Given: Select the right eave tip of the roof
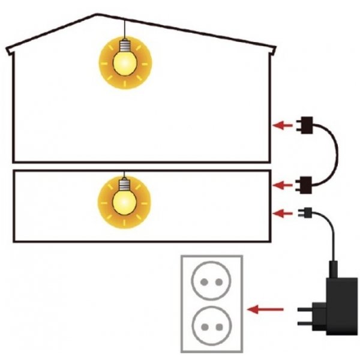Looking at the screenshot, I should (274, 49).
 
